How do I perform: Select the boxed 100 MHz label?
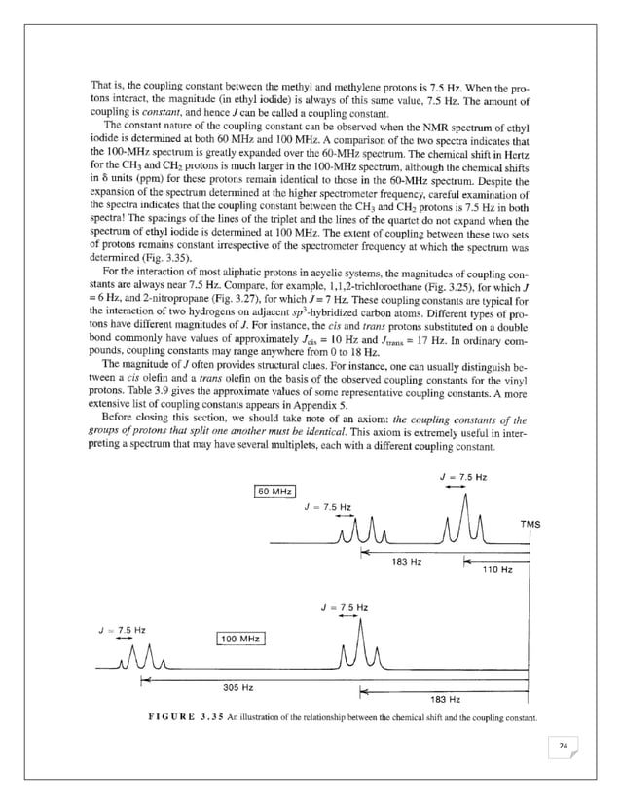point(240,639)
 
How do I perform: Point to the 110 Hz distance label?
point(498,569)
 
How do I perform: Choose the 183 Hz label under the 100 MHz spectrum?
point(445,699)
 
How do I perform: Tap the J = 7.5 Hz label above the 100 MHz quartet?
point(123,630)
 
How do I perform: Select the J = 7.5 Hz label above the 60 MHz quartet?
point(328,507)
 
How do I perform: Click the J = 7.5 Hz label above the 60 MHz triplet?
point(463,477)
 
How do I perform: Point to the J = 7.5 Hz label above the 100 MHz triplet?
point(344,608)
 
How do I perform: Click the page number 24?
point(563,746)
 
